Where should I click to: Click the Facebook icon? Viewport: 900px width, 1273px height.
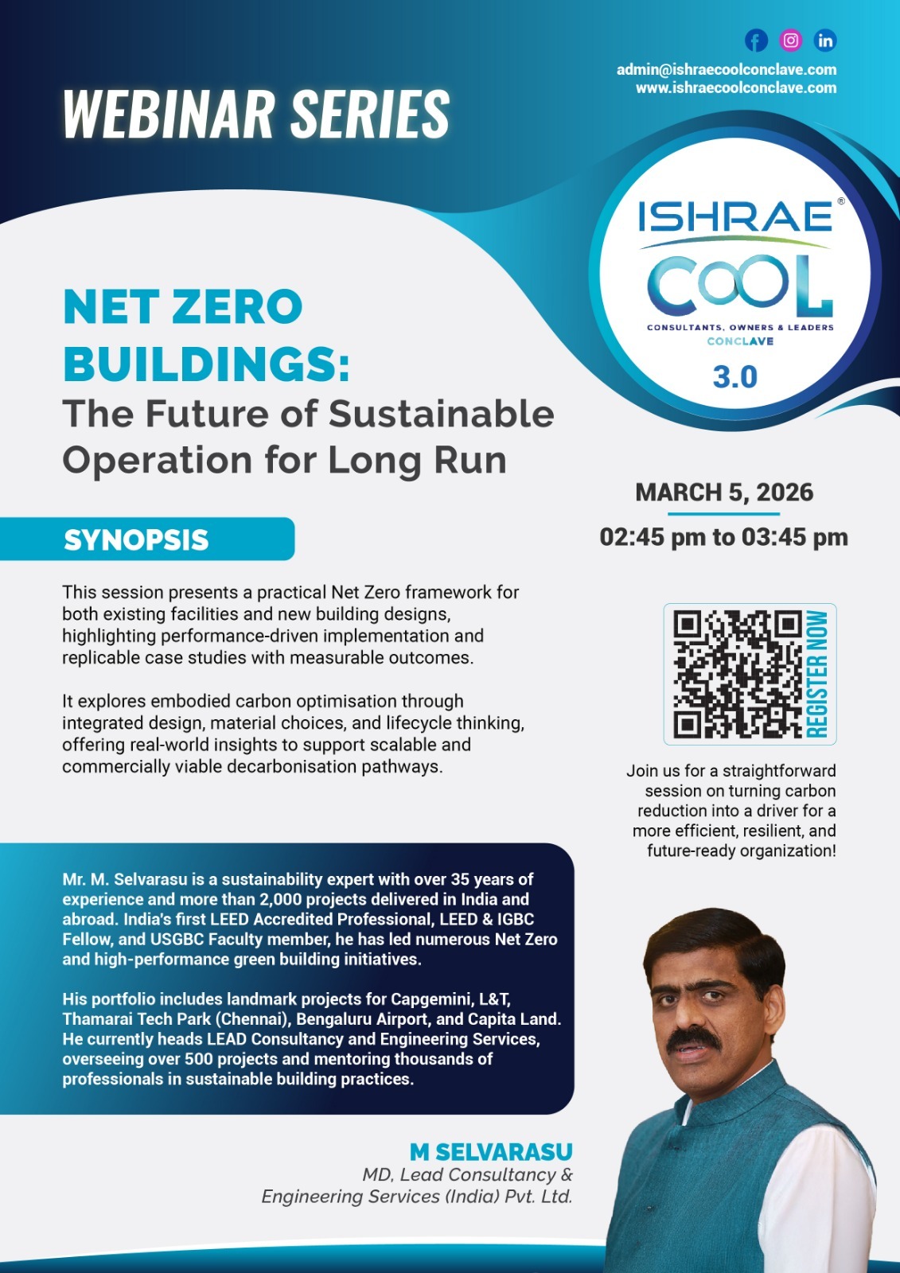(x=756, y=41)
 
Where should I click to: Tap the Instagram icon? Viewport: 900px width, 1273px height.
(x=791, y=41)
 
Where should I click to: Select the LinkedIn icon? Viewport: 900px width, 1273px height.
(x=825, y=41)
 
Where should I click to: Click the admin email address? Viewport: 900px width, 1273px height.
(x=726, y=70)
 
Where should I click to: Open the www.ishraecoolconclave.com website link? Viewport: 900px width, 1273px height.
(x=735, y=88)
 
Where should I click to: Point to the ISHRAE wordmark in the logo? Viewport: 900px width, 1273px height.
(x=734, y=216)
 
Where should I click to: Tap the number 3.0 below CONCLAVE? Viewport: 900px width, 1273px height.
(x=734, y=377)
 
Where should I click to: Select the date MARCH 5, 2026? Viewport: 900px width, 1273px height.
(x=724, y=492)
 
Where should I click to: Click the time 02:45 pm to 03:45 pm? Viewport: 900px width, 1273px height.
(x=723, y=537)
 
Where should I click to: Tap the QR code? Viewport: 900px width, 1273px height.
(x=737, y=674)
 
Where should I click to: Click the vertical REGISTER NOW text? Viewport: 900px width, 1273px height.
(x=818, y=674)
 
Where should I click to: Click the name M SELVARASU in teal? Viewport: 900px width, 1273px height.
(x=491, y=1151)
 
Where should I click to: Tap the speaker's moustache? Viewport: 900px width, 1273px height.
(x=693, y=1038)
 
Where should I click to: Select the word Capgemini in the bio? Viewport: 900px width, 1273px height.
(x=427, y=999)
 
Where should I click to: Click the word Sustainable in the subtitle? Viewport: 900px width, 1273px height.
(x=441, y=415)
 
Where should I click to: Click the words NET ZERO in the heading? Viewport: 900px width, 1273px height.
(x=183, y=307)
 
